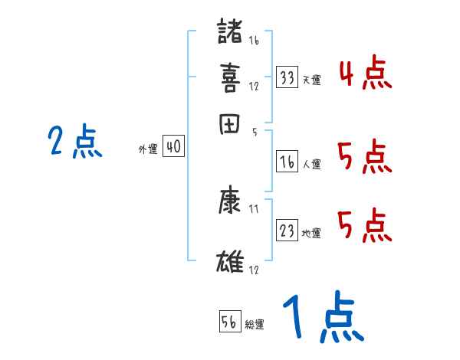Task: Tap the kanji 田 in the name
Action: coord(230,123)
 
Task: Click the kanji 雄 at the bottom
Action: coord(230,261)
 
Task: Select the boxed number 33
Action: coord(287,77)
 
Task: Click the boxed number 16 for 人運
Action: coord(287,162)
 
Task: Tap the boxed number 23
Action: coord(287,231)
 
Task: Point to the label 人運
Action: coord(311,164)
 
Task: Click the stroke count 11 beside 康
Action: coord(254,208)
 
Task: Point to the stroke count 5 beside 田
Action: coord(254,132)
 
